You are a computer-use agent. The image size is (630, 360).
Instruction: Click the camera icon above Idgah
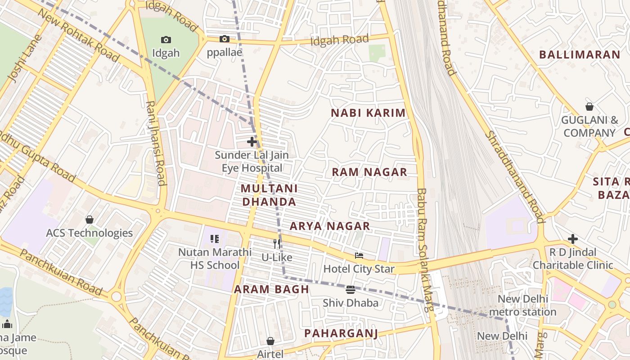click(x=166, y=40)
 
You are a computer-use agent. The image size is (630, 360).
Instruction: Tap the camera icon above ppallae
click(x=224, y=39)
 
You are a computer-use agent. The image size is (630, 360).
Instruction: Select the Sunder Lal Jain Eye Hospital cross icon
click(x=252, y=142)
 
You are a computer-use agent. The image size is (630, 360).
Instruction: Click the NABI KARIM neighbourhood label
click(x=368, y=113)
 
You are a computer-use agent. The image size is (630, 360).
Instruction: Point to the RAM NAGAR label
click(x=369, y=172)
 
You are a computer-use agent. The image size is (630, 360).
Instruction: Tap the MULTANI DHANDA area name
click(x=269, y=195)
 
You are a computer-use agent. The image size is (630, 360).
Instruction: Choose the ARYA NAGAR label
click(x=330, y=226)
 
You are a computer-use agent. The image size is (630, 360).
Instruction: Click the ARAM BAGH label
click(x=271, y=289)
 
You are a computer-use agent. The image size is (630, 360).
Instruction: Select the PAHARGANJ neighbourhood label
click(x=341, y=333)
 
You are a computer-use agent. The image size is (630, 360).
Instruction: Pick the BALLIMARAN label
click(x=580, y=55)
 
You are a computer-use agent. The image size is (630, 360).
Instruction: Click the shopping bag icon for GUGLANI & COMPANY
click(x=589, y=107)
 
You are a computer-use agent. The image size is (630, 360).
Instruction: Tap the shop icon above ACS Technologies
click(x=90, y=220)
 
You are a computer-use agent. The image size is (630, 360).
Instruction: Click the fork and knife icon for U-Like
click(x=277, y=244)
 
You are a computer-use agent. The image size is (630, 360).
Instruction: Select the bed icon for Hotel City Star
click(x=359, y=256)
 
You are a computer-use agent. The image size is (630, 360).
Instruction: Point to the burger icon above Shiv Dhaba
click(x=351, y=289)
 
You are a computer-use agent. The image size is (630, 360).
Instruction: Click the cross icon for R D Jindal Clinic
click(x=572, y=238)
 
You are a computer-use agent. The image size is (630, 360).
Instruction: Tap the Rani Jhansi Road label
click(x=155, y=143)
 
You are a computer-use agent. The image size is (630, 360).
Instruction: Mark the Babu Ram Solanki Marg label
click(x=424, y=250)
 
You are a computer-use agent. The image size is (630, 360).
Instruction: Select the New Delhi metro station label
click(x=522, y=306)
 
